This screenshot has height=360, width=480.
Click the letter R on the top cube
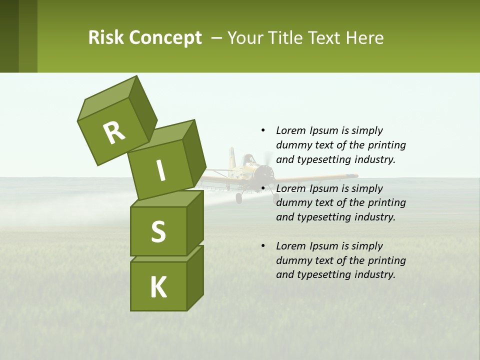click(114, 133)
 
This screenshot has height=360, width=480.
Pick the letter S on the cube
click(158, 232)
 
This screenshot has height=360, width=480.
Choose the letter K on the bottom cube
click(158, 287)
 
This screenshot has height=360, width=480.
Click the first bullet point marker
click(263, 130)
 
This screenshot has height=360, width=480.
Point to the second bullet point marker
click(263, 188)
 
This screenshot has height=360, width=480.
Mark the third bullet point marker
click(263, 246)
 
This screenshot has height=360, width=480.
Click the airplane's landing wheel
click(239, 198)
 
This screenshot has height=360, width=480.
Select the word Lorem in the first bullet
click(290, 130)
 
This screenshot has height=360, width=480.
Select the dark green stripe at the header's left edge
click(9, 36)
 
